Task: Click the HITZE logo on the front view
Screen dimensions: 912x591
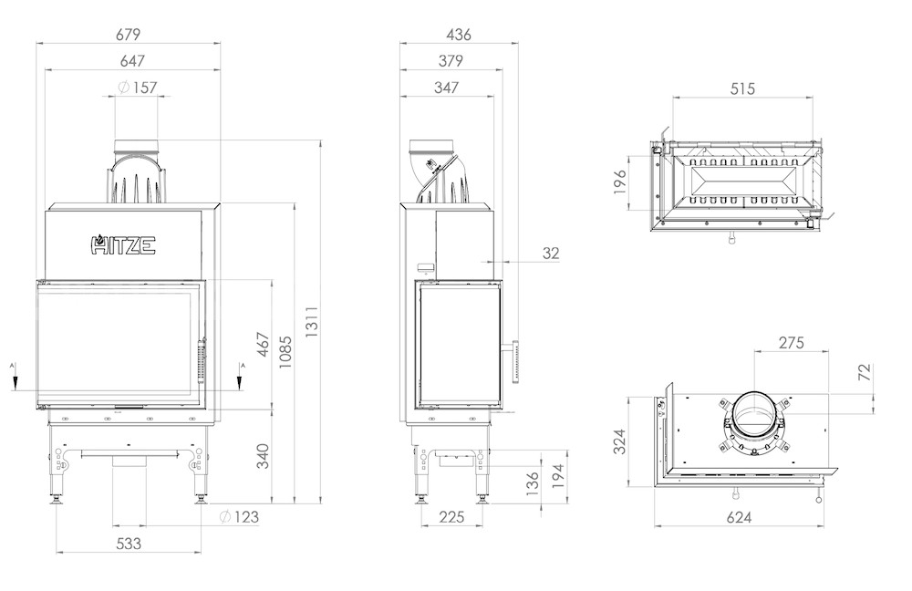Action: click(x=123, y=244)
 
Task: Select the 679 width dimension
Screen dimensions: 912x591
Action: click(x=128, y=35)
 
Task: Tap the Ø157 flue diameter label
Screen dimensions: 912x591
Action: click(x=138, y=88)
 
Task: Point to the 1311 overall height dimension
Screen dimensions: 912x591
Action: click(x=312, y=322)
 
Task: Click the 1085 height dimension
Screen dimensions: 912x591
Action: click(x=285, y=353)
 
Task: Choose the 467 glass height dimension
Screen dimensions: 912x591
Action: click(x=264, y=345)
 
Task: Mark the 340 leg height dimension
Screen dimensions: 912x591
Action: click(x=264, y=456)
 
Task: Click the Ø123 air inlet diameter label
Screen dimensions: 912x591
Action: click(x=239, y=516)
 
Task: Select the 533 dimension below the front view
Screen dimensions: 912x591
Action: click(x=129, y=544)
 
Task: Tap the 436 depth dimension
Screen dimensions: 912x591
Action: click(x=459, y=35)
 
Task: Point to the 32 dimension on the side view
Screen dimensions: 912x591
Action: click(x=551, y=253)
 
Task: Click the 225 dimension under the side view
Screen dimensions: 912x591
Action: click(x=451, y=516)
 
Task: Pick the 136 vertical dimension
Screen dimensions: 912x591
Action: click(x=533, y=484)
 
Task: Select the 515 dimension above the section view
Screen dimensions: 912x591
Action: click(x=742, y=88)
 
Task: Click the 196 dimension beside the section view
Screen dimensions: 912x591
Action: click(x=620, y=181)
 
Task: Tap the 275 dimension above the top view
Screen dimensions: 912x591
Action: click(x=791, y=343)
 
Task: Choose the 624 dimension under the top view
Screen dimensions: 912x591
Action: click(x=739, y=516)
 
